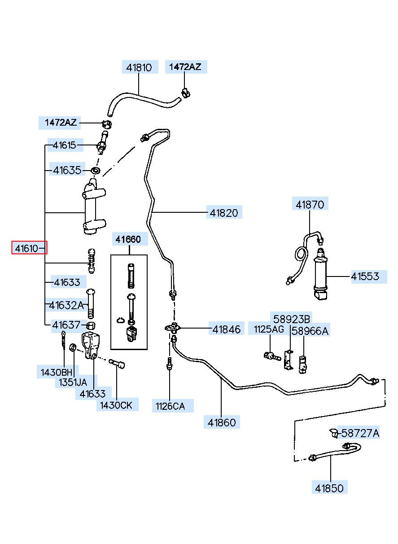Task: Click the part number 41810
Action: pyautogui.click(x=139, y=67)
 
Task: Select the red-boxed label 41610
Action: pyautogui.click(x=27, y=248)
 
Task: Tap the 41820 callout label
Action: pyautogui.click(x=224, y=213)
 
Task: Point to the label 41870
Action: pyautogui.click(x=310, y=205)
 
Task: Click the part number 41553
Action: pyautogui.click(x=365, y=276)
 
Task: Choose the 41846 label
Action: pyautogui.click(x=226, y=329)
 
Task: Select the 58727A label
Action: pyautogui.click(x=360, y=433)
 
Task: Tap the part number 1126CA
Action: pyautogui.click(x=170, y=406)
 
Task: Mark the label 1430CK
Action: pyautogui.click(x=116, y=405)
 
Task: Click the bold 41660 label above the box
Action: pyautogui.click(x=128, y=239)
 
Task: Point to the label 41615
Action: pyautogui.click(x=65, y=145)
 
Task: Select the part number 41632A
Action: pyautogui.click(x=66, y=305)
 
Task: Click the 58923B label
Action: pyautogui.click(x=292, y=320)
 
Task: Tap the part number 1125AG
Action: pyautogui.click(x=269, y=329)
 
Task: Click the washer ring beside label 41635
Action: pyautogui.click(x=96, y=170)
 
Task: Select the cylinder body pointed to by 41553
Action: pyautogui.click(x=320, y=274)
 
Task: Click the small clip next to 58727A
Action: pyautogui.click(x=335, y=433)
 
